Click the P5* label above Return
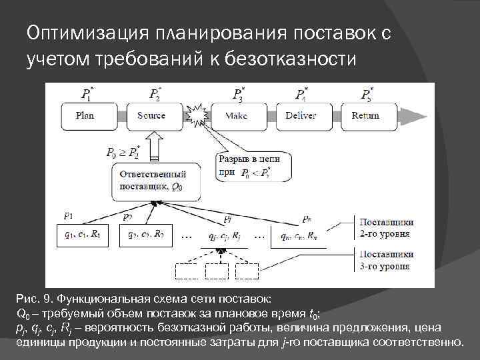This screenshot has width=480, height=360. click(367, 93)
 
